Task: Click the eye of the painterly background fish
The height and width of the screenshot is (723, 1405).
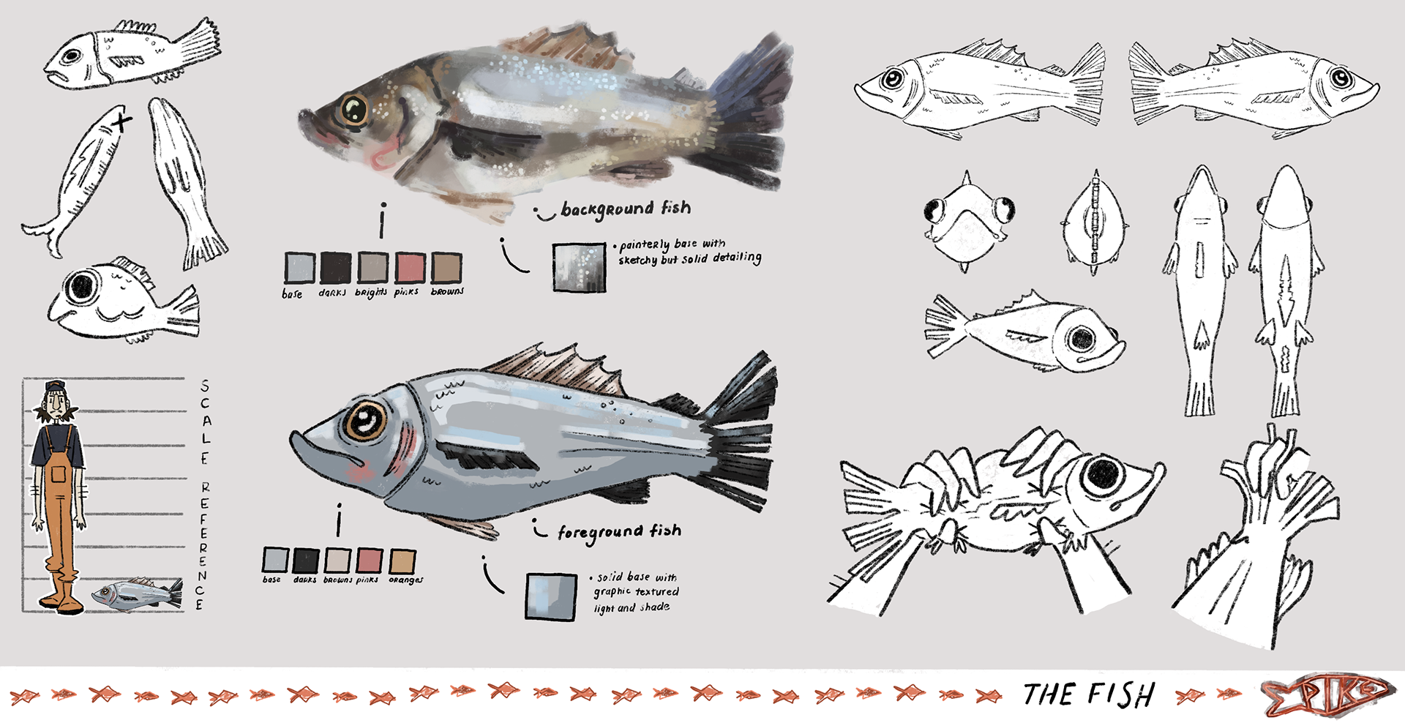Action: tap(354, 110)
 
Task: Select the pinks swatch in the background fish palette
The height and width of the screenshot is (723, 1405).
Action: tap(410, 268)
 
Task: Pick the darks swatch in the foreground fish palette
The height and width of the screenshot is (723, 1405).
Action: tap(305, 561)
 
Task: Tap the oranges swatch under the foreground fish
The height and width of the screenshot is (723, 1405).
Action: tap(402, 561)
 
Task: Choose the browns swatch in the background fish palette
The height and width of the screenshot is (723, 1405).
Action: tap(446, 268)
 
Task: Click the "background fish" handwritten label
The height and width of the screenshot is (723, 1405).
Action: tap(626, 209)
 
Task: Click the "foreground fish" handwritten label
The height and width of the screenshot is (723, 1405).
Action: tap(619, 531)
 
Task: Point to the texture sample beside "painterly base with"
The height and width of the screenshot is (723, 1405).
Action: tap(579, 267)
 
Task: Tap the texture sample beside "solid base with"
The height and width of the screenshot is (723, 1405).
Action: tap(551, 596)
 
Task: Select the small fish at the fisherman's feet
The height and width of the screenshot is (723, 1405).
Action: tap(138, 593)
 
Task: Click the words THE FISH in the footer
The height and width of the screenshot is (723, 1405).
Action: tap(1088, 694)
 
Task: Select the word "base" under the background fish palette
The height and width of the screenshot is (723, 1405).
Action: tap(292, 293)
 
